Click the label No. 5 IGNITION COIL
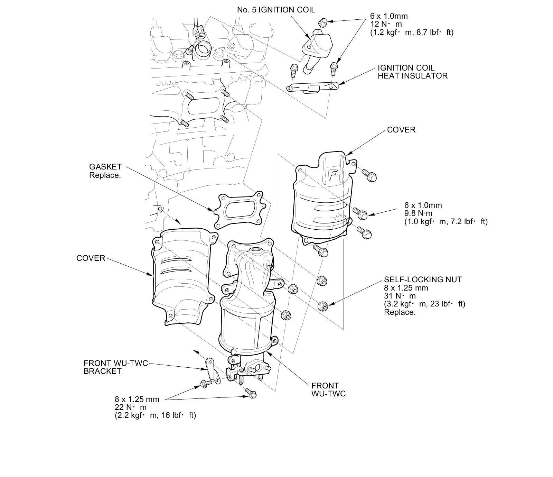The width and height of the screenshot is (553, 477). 276,10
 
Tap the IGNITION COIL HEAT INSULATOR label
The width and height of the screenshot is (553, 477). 412,72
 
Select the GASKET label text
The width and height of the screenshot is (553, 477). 105,167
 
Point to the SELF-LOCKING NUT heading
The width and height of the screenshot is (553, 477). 423,279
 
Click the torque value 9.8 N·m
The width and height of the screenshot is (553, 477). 418,213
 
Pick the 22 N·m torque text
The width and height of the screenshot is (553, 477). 130,407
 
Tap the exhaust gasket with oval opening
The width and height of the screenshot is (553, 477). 240,210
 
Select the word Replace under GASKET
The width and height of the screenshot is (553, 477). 105,175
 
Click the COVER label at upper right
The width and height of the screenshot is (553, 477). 401,130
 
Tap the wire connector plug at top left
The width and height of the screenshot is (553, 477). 198,31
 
